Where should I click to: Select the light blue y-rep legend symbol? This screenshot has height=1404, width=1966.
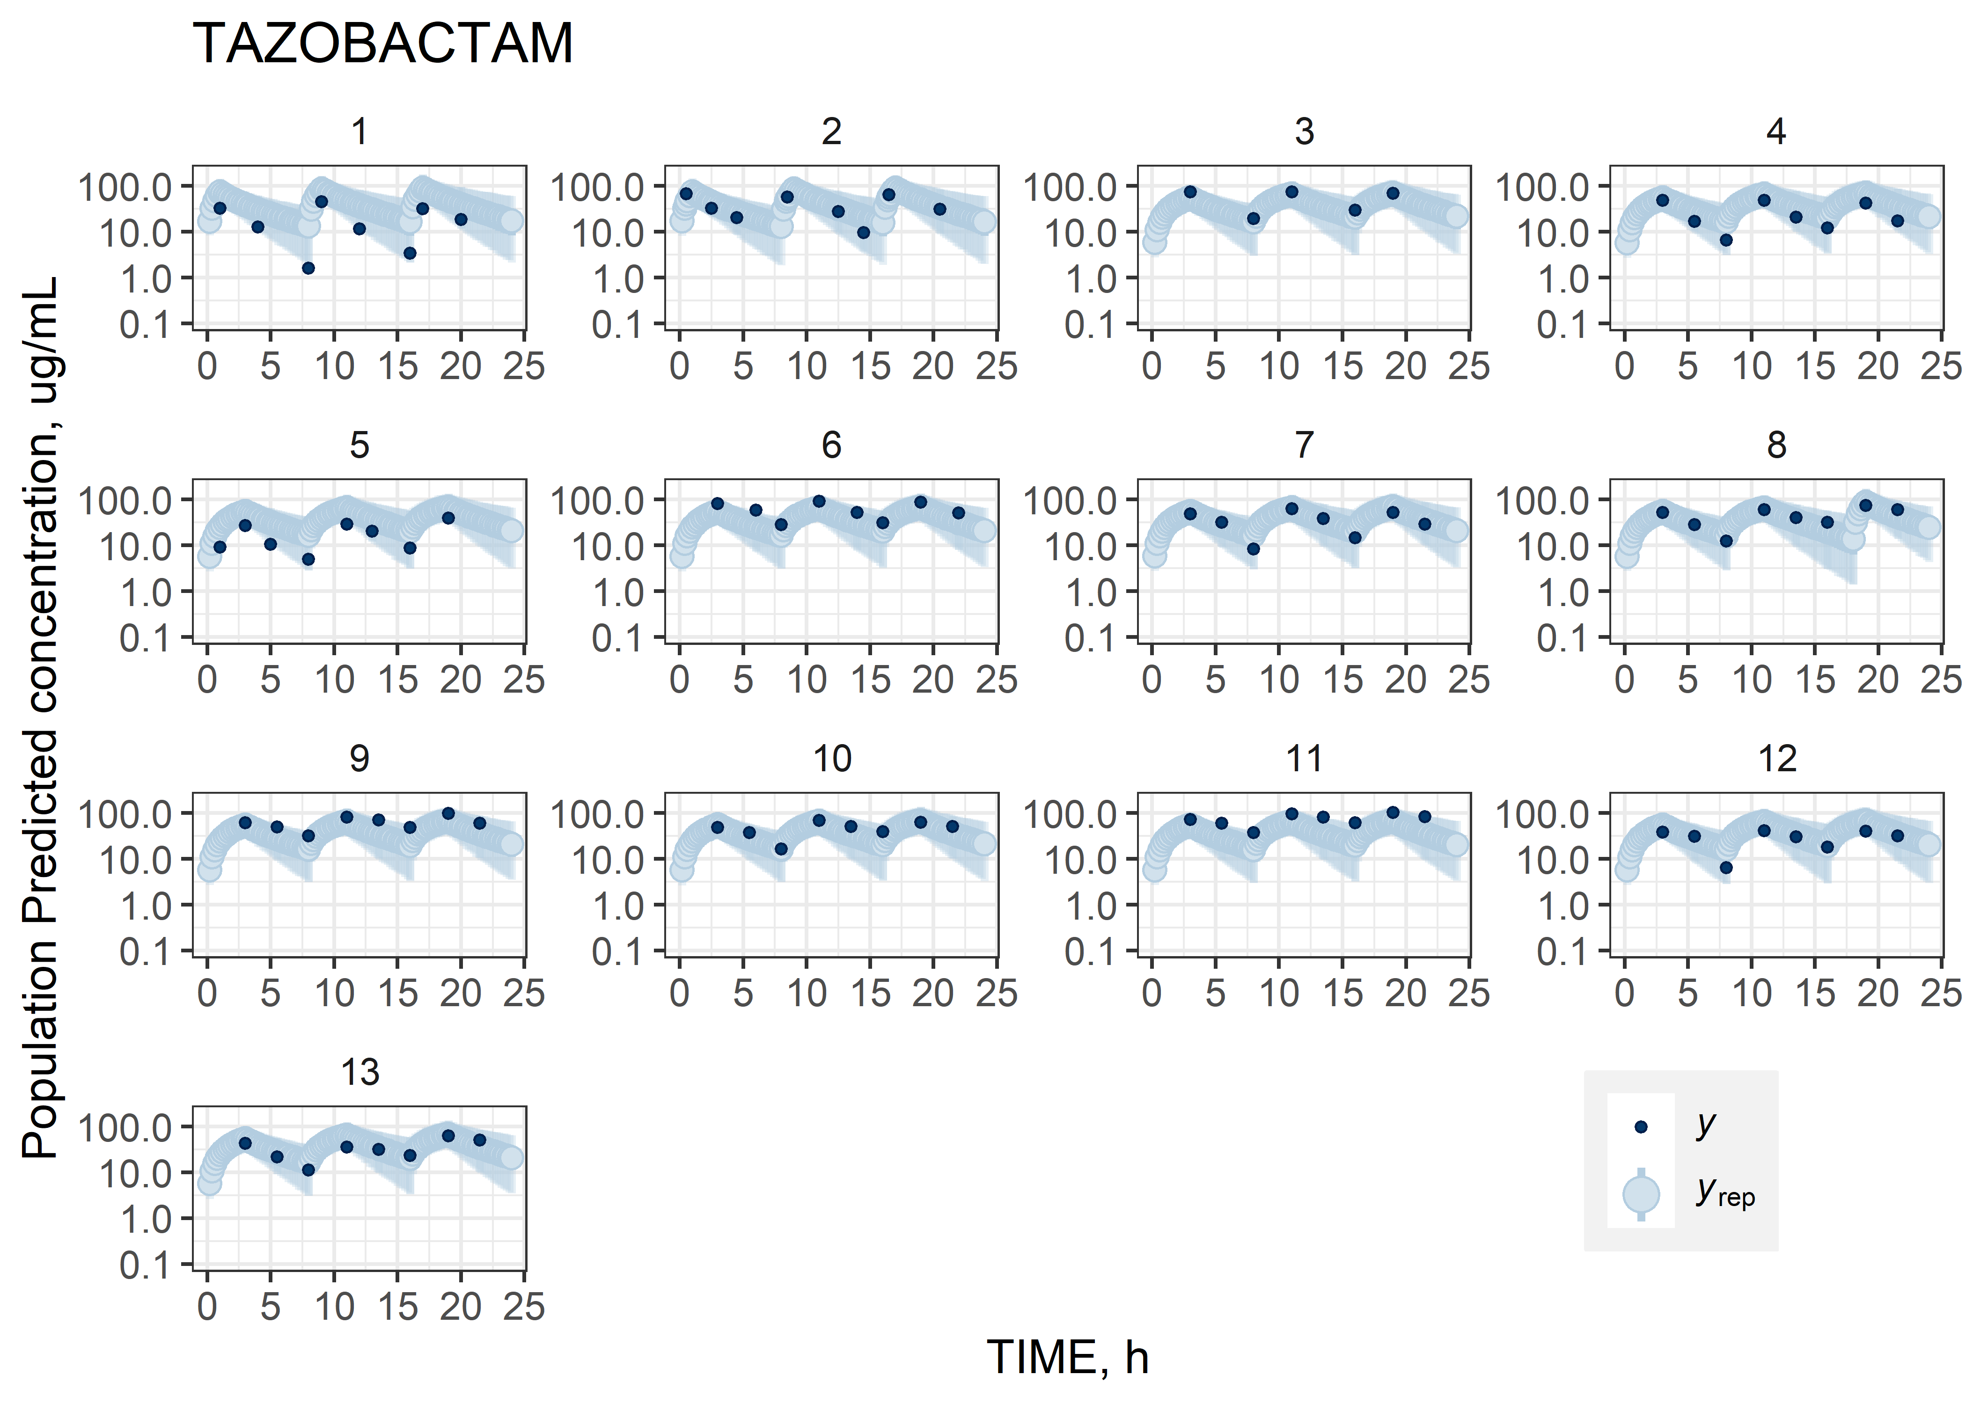click(1640, 1194)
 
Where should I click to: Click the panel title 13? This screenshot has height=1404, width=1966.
click(359, 1073)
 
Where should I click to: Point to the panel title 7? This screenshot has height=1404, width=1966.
click(1304, 445)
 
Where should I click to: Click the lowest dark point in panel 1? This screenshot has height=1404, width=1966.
click(308, 268)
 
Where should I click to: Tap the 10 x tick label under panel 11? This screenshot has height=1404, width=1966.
click(1279, 994)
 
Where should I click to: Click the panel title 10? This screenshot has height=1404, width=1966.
click(832, 759)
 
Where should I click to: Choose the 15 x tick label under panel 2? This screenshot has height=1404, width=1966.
click(870, 366)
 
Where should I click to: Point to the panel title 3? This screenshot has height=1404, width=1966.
click(1304, 132)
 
